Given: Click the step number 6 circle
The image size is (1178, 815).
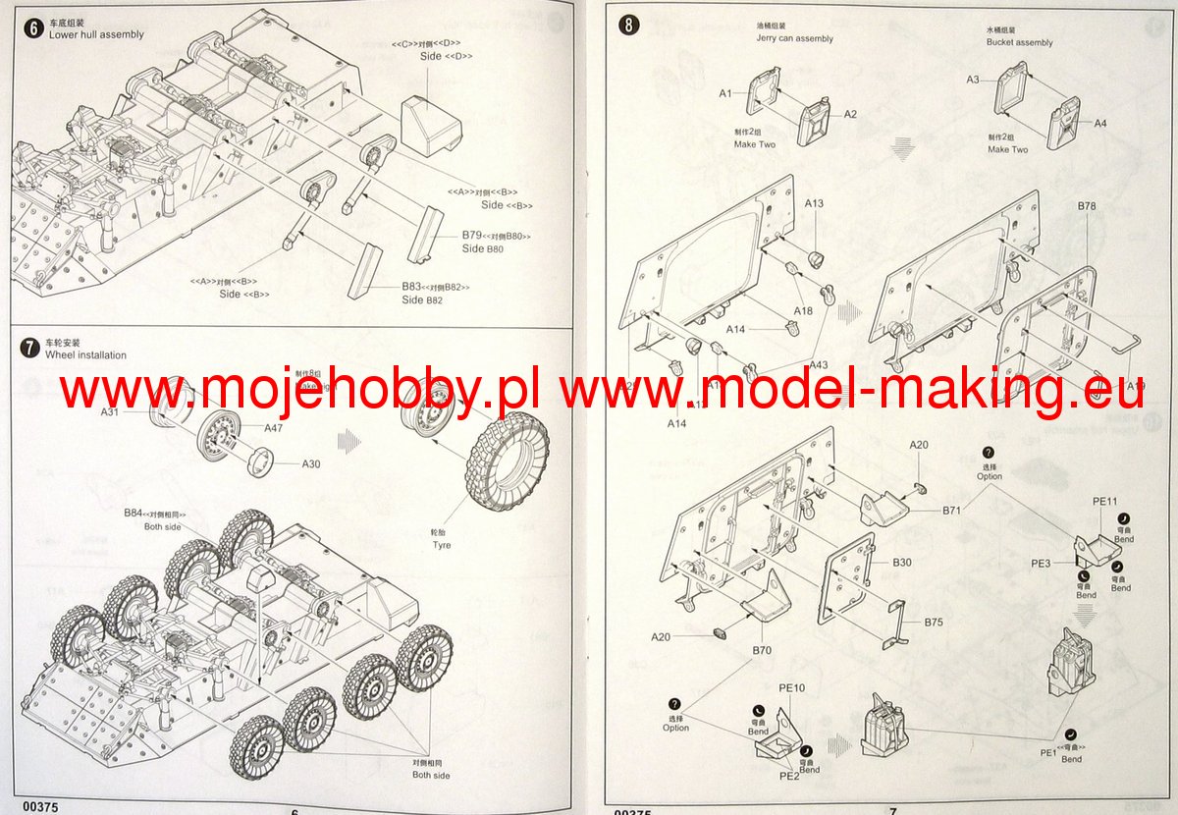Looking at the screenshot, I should (33, 27).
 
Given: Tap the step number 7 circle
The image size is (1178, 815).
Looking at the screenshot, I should (33, 348).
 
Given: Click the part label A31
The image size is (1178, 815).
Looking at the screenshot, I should (110, 412).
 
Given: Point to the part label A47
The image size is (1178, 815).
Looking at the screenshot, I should (273, 428).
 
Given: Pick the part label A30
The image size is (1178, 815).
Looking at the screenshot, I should (311, 464).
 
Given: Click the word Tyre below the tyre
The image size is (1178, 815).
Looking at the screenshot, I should (442, 545).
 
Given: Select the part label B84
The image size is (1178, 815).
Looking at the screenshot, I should (134, 514).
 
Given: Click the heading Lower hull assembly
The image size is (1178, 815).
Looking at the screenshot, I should (96, 34).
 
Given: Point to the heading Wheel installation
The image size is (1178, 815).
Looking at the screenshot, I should (86, 354).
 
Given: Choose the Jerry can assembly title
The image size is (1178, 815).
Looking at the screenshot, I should (794, 38).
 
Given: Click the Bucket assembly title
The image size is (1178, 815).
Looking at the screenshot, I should (1019, 42).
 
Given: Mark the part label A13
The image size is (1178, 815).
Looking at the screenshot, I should (814, 203).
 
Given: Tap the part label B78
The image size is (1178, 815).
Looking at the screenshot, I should (1087, 206).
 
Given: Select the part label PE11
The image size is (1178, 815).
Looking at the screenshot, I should (1104, 501).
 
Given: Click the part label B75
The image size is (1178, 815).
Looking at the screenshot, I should (934, 622).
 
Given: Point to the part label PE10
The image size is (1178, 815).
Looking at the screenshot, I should (791, 688).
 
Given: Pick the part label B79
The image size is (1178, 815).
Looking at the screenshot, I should (472, 236).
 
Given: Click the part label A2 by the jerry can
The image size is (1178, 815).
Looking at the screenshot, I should (851, 114).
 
